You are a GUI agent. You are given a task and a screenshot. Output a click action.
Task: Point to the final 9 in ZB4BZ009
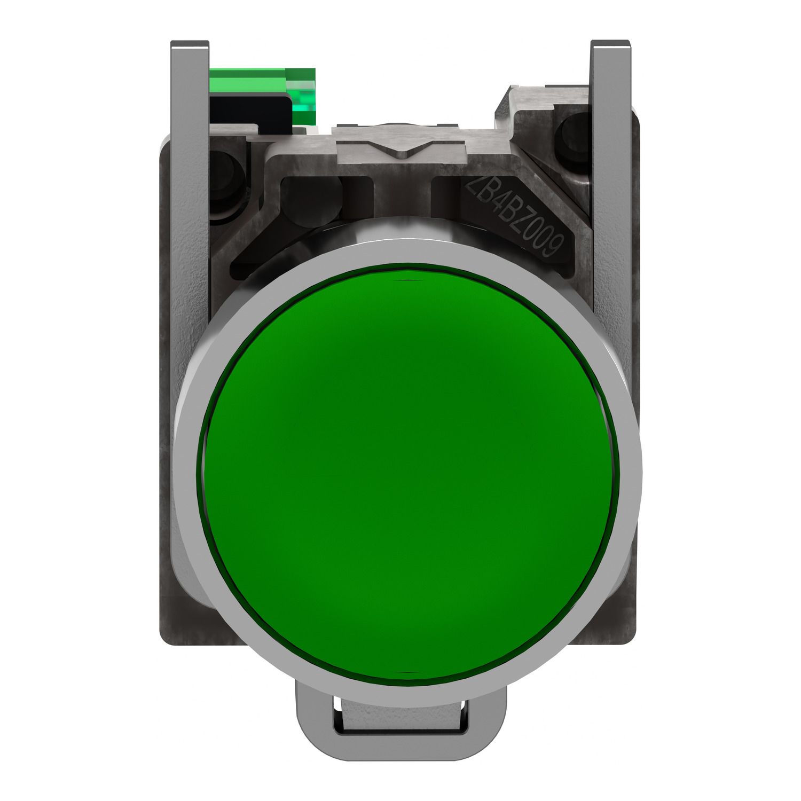(x=555, y=246)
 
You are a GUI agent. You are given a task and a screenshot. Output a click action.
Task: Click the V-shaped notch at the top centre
(x=406, y=149)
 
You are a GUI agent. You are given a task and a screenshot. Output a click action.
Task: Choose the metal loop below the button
(x=400, y=716)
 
